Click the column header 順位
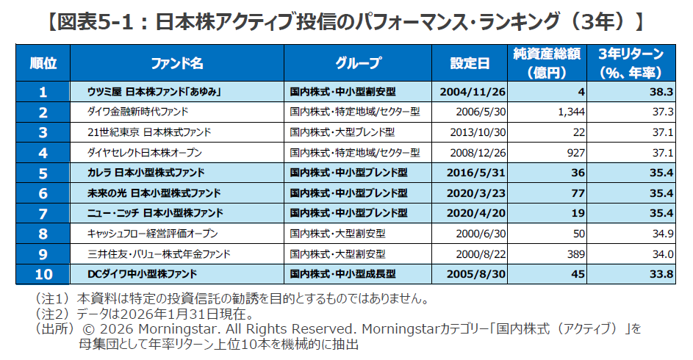43,63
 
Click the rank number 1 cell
43,92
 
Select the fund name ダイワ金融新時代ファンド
138,112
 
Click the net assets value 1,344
570,112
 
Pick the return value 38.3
661,92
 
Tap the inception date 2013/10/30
481,132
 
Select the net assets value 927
575,153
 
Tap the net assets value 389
575,253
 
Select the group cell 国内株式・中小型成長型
343,274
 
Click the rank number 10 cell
43,274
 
